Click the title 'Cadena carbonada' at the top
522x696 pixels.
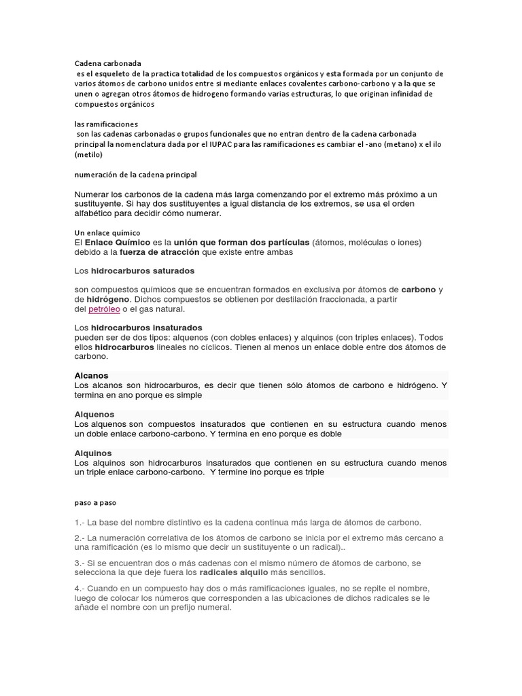click(x=107, y=63)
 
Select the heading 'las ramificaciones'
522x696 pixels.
click(x=106, y=124)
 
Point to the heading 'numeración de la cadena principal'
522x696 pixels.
click(x=135, y=175)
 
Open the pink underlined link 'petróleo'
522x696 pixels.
click(x=104, y=309)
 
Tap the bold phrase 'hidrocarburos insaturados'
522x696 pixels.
click(x=147, y=328)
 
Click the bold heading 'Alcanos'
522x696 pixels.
click(x=91, y=375)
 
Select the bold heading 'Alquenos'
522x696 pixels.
click(x=94, y=414)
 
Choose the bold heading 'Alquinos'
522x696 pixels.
click(x=93, y=453)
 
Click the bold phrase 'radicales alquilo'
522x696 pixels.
click(x=220, y=572)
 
